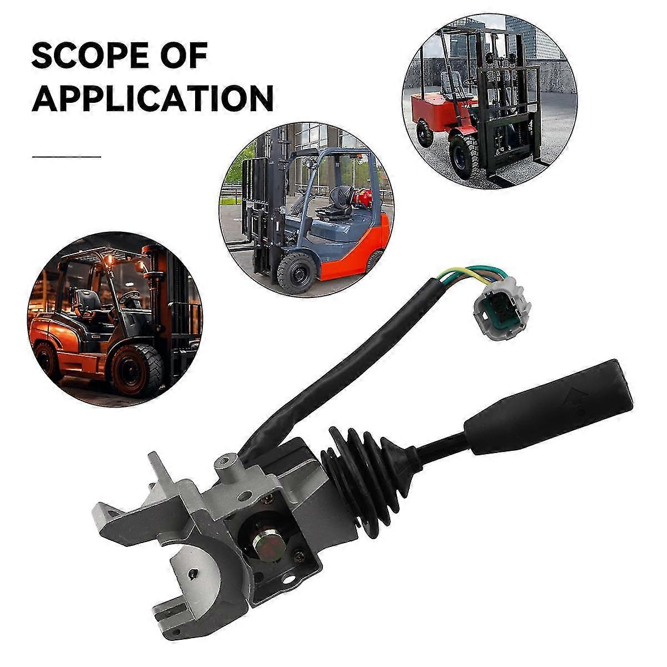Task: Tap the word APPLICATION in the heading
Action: [x=152, y=98]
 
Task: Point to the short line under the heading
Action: [x=66, y=156]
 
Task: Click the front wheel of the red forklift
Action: [x=465, y=152]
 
